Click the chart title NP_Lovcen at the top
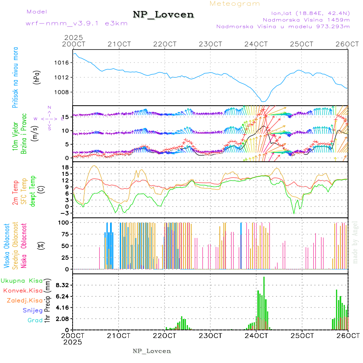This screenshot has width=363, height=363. pos(163,15)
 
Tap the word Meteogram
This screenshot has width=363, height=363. pos(235,4)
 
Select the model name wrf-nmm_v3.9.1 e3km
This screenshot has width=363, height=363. pos(77,23)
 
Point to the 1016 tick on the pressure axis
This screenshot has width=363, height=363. pos(62,63)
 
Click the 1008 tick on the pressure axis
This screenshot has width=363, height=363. pos(62,92)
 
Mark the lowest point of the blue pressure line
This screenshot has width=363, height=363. pos(263,102)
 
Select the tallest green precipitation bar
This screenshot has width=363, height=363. pos(264,302)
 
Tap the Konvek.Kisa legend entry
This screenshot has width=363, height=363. pos(23,290)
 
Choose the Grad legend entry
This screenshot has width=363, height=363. pos(35,320)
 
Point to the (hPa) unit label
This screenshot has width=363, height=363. pos(37,77)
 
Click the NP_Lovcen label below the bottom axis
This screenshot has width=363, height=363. pos(152,351)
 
